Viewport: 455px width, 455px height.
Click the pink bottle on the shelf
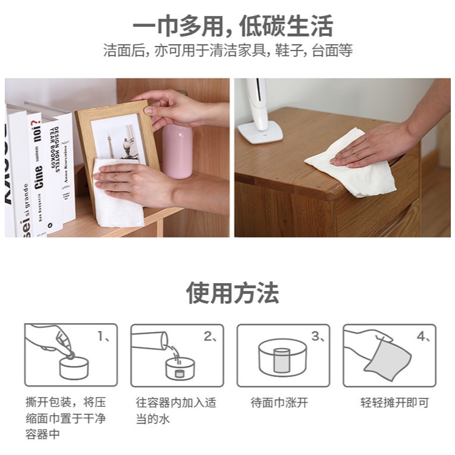click(177, 151)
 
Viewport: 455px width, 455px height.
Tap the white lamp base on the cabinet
click(261, 132)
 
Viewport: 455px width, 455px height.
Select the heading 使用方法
click(233, 293)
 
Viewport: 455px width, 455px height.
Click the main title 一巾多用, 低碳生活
click(233, 26)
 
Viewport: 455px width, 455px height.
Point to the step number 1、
click(103, 337)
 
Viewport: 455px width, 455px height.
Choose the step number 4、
click(423, 337)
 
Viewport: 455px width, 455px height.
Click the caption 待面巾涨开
click(279, 403)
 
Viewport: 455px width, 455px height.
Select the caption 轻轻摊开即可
click(395, 403)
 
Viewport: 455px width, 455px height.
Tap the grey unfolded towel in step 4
click(387, 359)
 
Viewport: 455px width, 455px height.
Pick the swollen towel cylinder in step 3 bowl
click(281, 360)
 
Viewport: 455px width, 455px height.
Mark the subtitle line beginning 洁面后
click(228, 50)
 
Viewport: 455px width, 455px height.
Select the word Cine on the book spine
click(39, 177)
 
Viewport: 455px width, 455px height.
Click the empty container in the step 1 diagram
click(74, 368)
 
